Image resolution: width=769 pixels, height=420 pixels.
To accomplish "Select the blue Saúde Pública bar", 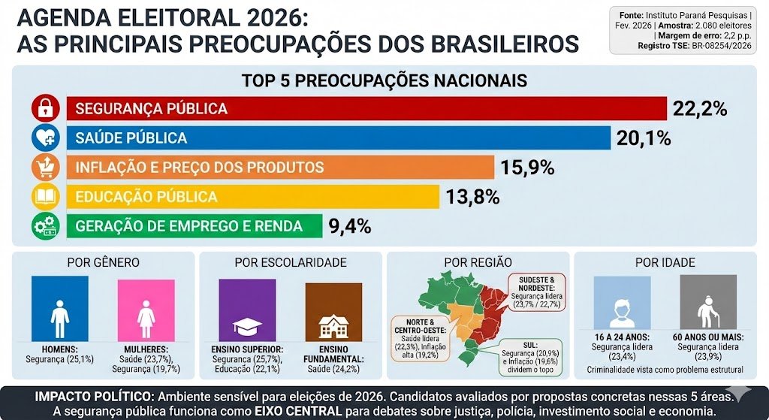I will pyautogui.click(x=338, y=138).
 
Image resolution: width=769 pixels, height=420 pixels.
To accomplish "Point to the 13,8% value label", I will pyautogui.click(x=472, y=197).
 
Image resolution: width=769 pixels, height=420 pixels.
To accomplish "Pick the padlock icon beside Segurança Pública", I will pyautogui.click(x=45, y=109).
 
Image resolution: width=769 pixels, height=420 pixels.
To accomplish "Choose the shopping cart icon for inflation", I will pyautogui.click(x=45, y=168).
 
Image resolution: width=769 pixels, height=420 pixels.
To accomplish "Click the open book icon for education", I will pyautogui.click(x=45, y=197).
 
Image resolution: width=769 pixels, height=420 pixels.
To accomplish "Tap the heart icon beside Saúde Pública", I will pyautogui.click(x=45, y=138).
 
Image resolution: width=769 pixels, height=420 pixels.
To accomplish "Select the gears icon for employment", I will pyautogui.click(x=45, y=226).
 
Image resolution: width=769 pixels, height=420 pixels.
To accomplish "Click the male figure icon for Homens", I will pyautogui.click(x=60, y=309).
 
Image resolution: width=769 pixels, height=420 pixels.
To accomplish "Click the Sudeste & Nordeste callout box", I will pyautogui.click(x=537, y=292).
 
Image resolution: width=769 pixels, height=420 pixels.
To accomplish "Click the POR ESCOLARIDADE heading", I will pyautogui.click(x=290, y=262).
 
